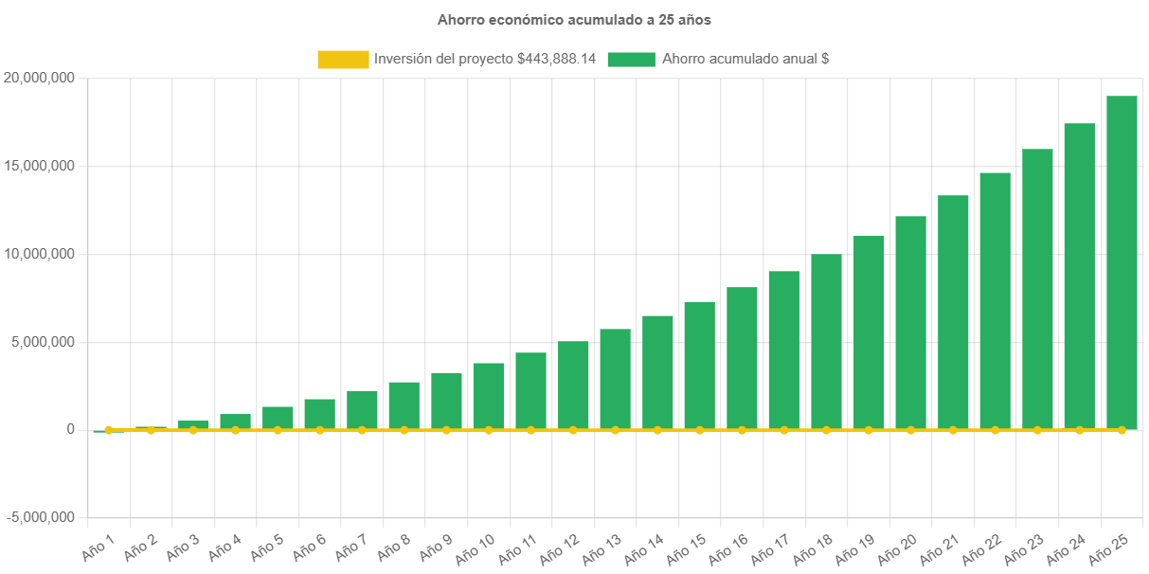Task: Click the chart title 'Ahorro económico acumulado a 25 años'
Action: coord(574,19)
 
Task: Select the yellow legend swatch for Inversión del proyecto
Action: coord(343,59)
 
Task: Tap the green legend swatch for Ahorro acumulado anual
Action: coord(632,59)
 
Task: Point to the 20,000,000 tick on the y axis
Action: coord(40,78)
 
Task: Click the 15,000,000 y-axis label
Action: coord(40,166)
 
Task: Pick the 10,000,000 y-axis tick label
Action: coord(40,254)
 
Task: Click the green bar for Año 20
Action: coord(910,322)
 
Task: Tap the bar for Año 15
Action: coord(699,365)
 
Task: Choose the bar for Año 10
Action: coord(489,396)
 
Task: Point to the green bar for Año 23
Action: coord(1037,289)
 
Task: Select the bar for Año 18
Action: coord(826,341)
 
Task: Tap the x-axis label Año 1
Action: coord(98,545)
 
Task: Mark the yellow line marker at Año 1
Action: coord(109,430)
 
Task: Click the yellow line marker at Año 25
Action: coord(1122,430)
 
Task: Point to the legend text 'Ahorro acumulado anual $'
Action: coord(745,59)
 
